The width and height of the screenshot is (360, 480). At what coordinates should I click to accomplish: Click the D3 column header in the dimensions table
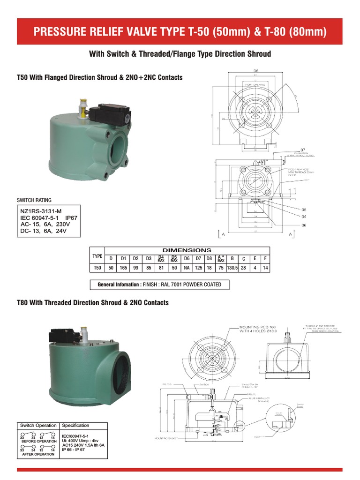(148, 258)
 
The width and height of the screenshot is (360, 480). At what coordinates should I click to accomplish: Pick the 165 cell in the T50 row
(123, 269)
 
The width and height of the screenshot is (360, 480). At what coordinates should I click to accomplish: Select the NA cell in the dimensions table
(186, 269)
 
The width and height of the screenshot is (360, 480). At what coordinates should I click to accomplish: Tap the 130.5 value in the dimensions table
(232, 269)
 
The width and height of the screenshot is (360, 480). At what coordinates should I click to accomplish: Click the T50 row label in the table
(97, 269)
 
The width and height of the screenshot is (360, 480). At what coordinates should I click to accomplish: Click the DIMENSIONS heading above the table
(187, 250)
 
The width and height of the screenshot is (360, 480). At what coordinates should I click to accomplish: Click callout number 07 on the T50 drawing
(303, 150)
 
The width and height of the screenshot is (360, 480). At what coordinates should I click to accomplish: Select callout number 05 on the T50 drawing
(303, 210)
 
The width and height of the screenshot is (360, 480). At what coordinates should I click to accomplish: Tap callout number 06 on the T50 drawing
(303, 225)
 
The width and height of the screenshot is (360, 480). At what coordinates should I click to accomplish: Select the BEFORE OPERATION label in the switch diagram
(39, 441)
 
